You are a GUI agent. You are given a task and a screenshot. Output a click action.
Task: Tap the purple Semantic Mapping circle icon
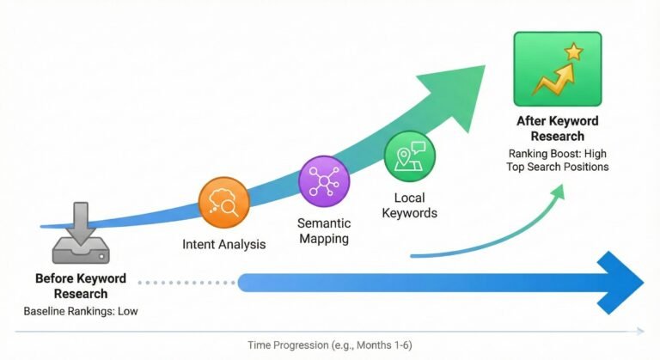point(323,181)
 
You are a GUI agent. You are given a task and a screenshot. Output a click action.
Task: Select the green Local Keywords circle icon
point(410,156)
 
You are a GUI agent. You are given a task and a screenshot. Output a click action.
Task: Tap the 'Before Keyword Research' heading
point(80,286)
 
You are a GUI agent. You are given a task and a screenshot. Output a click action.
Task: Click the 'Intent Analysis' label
point(224,245)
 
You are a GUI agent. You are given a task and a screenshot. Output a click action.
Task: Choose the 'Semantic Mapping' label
point(324,229)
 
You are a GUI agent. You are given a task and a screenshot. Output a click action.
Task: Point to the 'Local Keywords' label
point(410,205)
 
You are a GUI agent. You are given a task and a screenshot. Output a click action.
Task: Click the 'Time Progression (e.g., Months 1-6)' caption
point(333,345)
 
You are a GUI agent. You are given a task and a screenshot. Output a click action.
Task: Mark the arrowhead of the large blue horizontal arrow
point(623,281)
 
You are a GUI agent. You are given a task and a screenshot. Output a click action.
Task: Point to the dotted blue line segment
point(185,281)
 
